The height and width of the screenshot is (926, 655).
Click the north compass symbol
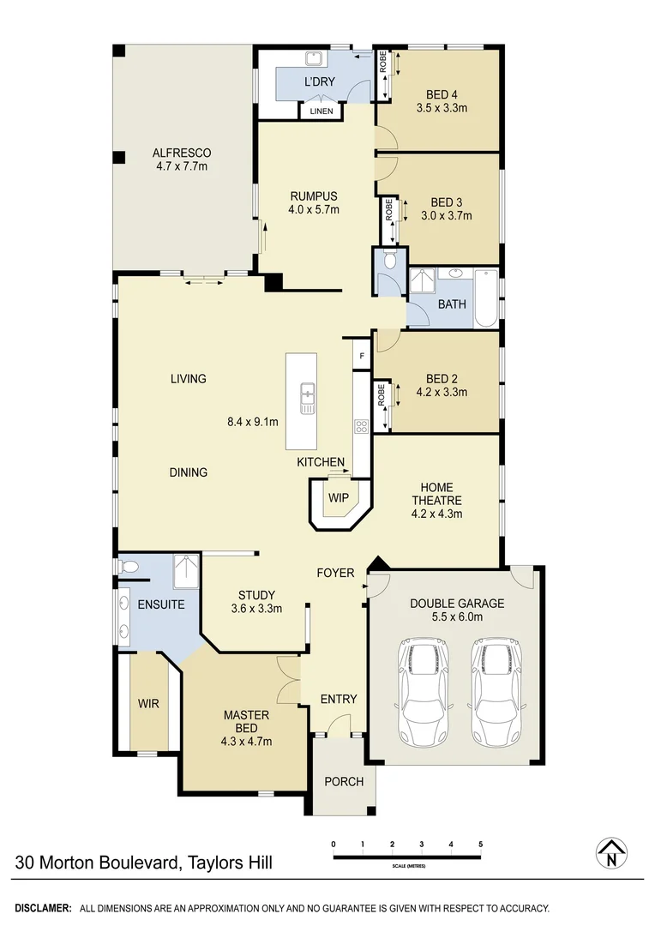[611, 853]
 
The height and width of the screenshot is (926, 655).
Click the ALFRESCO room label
[182, 153]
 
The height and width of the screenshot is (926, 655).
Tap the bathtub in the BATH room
[485, 298]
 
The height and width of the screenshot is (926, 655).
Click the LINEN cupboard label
[321, 111]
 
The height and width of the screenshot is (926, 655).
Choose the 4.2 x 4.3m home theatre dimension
[437, 514]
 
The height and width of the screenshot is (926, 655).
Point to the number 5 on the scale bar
[481, 845]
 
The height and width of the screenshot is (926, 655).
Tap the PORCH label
[344, 781]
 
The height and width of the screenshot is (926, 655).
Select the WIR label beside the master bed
[149, 703]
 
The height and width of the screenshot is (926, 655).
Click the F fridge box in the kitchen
[362, 355]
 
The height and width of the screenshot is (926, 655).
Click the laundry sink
[314, 59]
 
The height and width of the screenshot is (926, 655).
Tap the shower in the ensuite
[186, 572]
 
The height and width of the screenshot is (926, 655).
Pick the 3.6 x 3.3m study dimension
[256, 610]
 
